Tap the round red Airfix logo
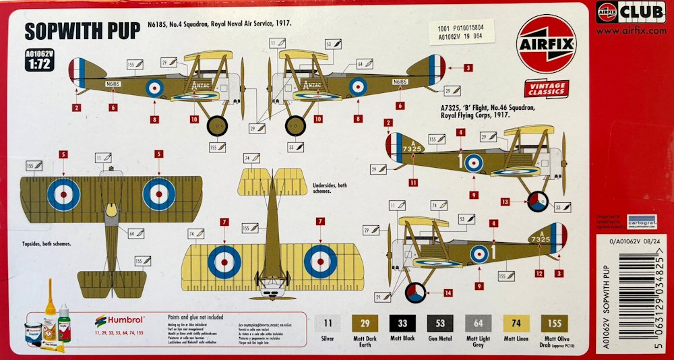coord(547,44)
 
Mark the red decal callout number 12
coord(539,273)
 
